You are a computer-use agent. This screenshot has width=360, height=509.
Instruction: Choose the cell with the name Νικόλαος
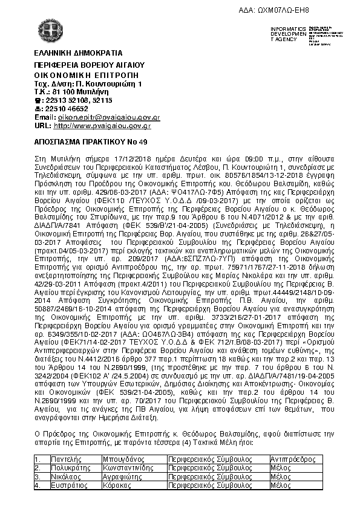[67, 476]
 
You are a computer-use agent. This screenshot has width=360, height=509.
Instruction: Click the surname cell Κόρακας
[125, 485]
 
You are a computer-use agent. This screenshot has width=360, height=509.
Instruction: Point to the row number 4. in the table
[38, 485]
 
